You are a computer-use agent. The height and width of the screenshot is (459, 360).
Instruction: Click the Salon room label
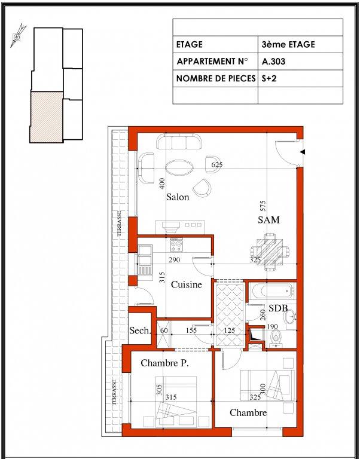point(178,197)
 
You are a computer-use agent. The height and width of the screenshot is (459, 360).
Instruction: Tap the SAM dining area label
point(269,220)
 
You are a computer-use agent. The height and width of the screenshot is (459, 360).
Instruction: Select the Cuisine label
point(187,284)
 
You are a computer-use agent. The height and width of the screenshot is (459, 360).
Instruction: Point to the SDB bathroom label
point(278,308)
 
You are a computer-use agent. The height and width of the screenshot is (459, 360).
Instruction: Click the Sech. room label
point(141,331)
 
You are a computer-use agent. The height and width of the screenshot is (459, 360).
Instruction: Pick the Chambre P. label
point(164,363)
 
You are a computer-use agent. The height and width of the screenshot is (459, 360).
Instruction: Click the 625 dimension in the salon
point(217,164)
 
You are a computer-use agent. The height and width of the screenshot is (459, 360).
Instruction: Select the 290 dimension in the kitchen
point(174,259)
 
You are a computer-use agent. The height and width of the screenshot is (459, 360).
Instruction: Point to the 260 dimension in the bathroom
point(263,315)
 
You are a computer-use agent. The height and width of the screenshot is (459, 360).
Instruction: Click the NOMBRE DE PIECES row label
point(216,79)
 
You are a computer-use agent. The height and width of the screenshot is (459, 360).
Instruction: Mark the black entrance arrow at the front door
point(303,152)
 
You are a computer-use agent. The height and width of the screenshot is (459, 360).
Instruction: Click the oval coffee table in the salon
point(179,167)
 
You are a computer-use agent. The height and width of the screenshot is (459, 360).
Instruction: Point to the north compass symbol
point(17,36)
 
